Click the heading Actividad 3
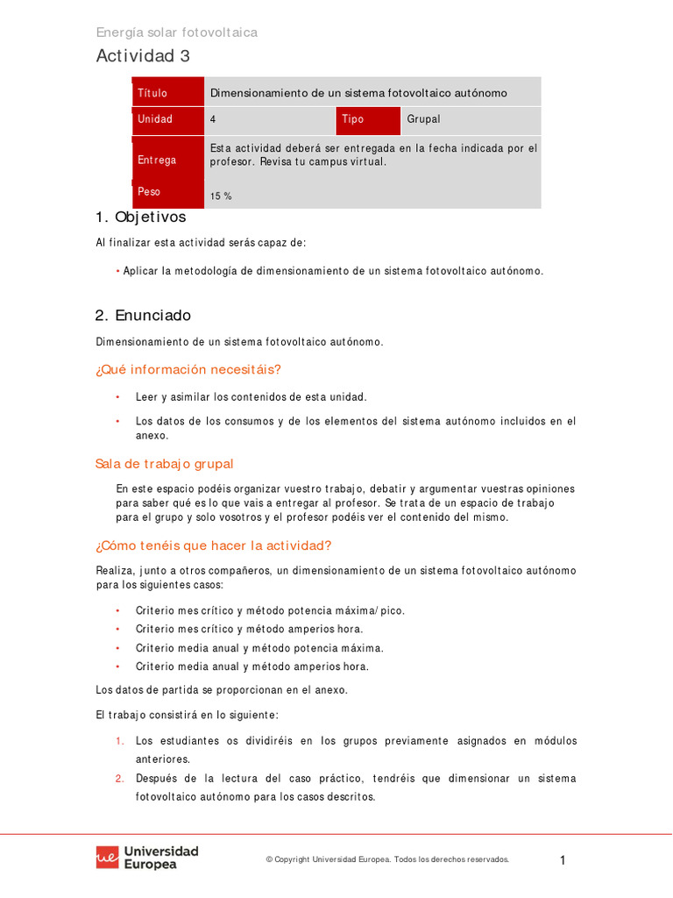tap(143, 56)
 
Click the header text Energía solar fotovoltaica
tap(176, 32)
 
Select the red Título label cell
tap(167, 93)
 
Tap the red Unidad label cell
tap(167, 119)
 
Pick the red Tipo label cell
tap(367, 119)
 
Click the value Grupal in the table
tap(423, 119)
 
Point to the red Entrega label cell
tap(167, 160)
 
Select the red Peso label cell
tap(167, 191)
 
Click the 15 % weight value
tap(221, 196)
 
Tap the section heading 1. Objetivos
tap(140, 217)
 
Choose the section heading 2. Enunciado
tap(143, 315)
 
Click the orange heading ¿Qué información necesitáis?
tap(188, 369)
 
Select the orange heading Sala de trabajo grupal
tap(165, 464)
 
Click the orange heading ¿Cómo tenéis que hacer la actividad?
tap(213, 545)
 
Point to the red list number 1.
tap(119, 741)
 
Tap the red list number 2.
tap(119, 779)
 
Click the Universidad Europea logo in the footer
tap(147, 857)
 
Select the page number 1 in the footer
tap(563, 860)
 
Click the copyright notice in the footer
tap(387, 860)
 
